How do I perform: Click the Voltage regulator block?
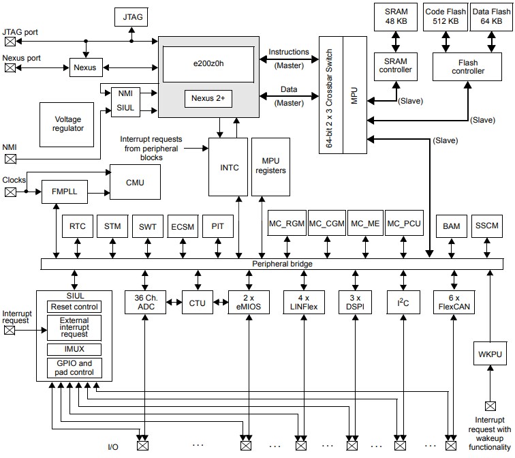click(x=67, y=123)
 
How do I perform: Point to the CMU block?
click(x=135, y=182)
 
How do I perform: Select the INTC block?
click(x=229, y=167)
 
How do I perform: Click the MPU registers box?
click(x=270, y=166)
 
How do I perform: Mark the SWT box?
click(x=147, y=226)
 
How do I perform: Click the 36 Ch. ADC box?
click(x=145, y=302)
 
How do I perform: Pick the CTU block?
click(x=197, y=302)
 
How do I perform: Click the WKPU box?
click(x=489, y=354)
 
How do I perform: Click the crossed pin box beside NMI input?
click(x=10, y=159)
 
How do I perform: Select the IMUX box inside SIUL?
click(x=74, y=349)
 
